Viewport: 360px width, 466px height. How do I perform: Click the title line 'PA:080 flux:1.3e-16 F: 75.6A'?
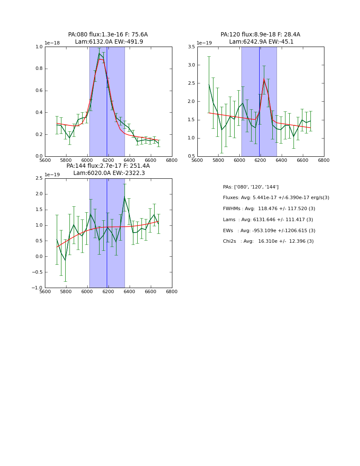108,35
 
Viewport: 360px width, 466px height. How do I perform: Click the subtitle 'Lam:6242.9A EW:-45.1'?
261,42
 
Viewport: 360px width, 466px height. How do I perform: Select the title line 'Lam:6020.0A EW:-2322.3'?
109,173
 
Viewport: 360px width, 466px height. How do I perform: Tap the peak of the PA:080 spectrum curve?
99,53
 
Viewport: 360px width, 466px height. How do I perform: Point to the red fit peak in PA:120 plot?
264,80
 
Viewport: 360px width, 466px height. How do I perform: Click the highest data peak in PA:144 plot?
125,197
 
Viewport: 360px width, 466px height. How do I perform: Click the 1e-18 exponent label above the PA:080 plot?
52,43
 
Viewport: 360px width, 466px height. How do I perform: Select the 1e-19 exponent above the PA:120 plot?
204,43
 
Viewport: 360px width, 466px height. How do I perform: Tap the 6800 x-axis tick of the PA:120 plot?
324,161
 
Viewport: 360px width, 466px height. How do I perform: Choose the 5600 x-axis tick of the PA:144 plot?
45,292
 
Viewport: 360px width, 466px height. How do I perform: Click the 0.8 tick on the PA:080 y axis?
39,69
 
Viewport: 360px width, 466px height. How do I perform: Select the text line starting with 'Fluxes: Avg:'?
276,198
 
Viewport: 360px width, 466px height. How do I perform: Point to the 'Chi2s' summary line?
268,241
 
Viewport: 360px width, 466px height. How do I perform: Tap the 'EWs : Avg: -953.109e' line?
269,231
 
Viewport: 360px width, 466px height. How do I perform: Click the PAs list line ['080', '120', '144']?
251,187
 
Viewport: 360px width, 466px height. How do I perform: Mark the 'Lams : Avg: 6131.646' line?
268,220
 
